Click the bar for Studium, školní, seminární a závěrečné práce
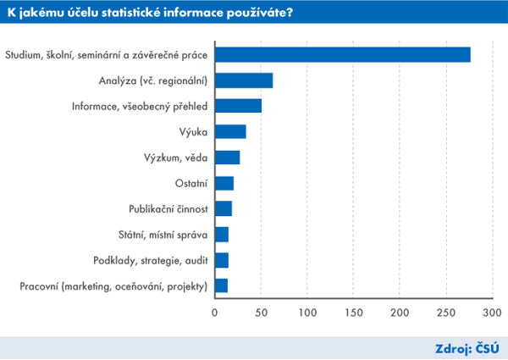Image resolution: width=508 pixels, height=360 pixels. coord(342,55)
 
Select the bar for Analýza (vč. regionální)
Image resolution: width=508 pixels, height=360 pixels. coord(244,80)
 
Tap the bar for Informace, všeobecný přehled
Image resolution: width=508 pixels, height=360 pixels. coord(238,106)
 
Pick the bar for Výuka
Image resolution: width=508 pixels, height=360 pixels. coord(230,131)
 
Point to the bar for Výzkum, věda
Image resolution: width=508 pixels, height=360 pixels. coord(227,158)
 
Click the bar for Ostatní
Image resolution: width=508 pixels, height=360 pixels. coord(224,183)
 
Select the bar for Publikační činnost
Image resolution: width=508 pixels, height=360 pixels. coord(223,208)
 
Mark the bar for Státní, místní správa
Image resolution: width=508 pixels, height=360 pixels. coord(221,235)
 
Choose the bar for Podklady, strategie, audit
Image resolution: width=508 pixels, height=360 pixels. coord(221,260)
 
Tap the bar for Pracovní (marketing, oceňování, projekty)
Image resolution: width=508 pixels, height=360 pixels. coord(221,285)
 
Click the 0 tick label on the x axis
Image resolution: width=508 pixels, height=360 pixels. coord(215,313)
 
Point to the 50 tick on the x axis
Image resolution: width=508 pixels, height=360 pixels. coord(261,313)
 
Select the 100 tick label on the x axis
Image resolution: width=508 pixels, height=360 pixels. coord(306,313)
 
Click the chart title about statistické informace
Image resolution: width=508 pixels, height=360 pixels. coord(157,13)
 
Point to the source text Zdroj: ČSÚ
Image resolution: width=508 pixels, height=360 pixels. coord(466,347)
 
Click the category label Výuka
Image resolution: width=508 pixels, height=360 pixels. coord(194,132)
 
